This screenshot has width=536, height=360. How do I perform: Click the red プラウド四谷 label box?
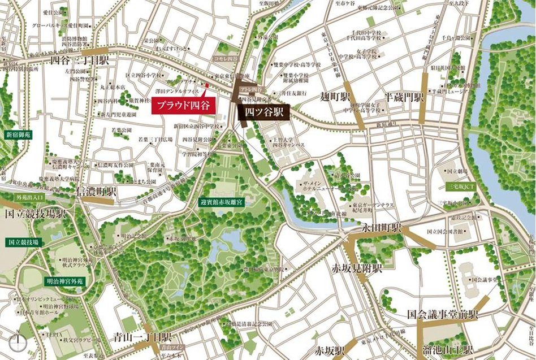tap(182, 105)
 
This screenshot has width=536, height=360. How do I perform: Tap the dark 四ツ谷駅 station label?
tap(263, 112)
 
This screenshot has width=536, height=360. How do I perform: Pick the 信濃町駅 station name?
tap(97, 192)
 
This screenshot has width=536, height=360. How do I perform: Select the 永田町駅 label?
tap(382, 228)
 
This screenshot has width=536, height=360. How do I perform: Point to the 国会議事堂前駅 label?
tap(443, 314)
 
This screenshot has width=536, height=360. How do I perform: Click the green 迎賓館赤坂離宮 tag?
tap(221, 201)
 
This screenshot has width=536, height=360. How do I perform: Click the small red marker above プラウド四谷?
tap(207, 86)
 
